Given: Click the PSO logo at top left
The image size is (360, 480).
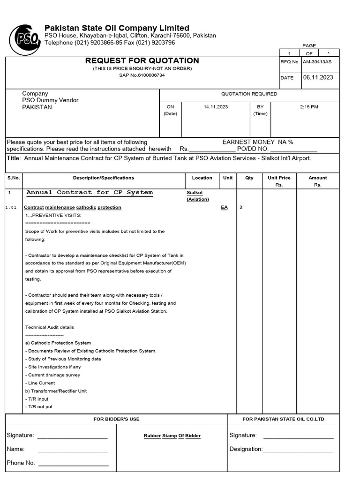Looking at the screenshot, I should point(24,39).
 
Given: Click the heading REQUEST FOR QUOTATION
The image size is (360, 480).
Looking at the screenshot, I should point(142,60).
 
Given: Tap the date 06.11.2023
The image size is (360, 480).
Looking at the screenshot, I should point(318,77).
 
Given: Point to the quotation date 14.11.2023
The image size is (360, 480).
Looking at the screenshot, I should point(216,107).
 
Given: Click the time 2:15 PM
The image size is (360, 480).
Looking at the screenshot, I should point(309,107).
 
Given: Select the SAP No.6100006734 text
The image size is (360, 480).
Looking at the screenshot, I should point(142,75).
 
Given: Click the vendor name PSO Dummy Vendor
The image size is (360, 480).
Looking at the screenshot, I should point(50,100).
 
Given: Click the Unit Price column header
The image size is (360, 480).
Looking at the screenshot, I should point(279,178).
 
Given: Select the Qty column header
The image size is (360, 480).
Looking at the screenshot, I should point(249,178).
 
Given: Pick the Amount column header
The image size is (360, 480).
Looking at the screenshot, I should point(317,178).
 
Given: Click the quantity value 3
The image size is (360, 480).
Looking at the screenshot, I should point(241,207).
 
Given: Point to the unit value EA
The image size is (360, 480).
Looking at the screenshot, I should point(224,207).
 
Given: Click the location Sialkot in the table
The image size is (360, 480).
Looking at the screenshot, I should point(195,193).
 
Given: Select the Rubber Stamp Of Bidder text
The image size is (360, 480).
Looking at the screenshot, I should point(172,436).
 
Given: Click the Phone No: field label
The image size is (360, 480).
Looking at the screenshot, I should point(21,463).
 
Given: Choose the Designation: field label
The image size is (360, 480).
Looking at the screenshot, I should point(246,449).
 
